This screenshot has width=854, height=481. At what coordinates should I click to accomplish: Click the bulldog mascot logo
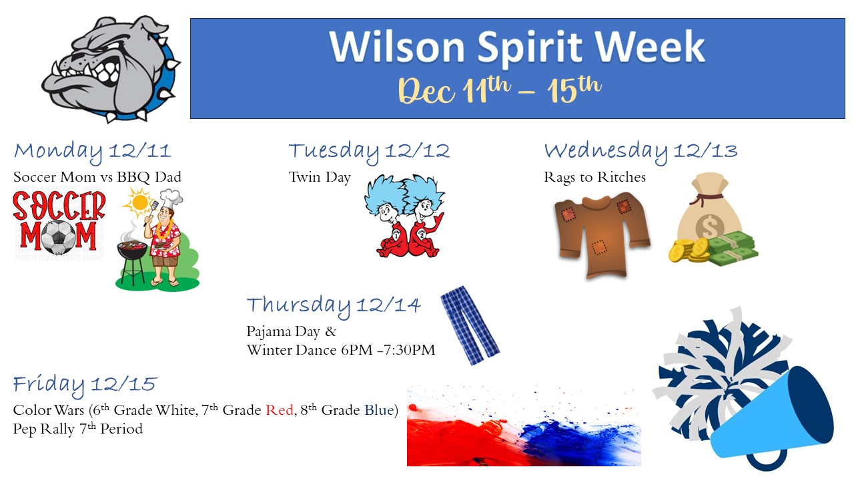111,69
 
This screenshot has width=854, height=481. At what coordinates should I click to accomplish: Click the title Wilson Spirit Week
517,47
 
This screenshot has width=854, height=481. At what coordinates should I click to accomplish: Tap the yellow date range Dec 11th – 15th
500,90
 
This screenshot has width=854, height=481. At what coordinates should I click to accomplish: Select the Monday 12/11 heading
92,152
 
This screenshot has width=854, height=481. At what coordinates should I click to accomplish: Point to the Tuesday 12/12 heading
369,152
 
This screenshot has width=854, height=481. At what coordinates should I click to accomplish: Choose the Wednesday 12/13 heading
641,152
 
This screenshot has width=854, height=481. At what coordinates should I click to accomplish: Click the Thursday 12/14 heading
334,306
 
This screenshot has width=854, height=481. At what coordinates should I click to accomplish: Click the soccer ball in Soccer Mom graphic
58,237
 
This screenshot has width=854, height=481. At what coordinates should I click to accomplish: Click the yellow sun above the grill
139,202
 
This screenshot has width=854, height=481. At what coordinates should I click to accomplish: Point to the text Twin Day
320,178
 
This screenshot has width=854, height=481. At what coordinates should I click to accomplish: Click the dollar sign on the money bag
709,226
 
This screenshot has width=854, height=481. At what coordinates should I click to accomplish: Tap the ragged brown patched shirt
602,236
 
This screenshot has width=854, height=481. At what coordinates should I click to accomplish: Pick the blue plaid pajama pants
470,325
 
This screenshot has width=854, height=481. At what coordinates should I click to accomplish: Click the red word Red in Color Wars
279,410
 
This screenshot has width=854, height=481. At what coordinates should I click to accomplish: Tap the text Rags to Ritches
594,178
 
